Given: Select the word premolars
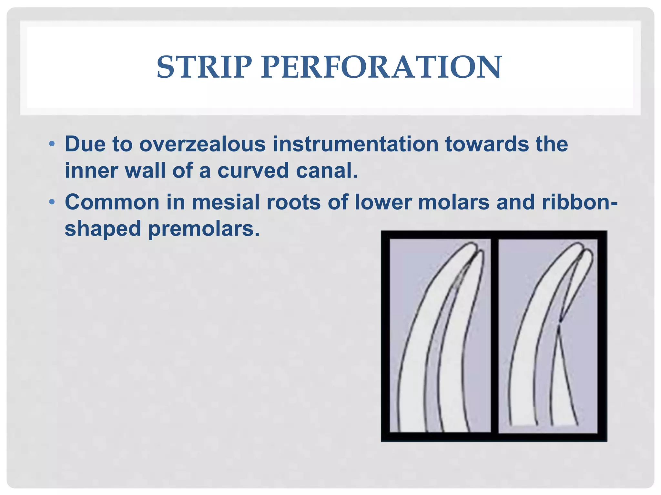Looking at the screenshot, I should click(204, 229).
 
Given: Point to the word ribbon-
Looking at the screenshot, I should click(580, 202).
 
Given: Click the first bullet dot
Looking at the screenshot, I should click(52, 144).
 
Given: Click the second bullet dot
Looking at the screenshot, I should click(52, 202).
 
